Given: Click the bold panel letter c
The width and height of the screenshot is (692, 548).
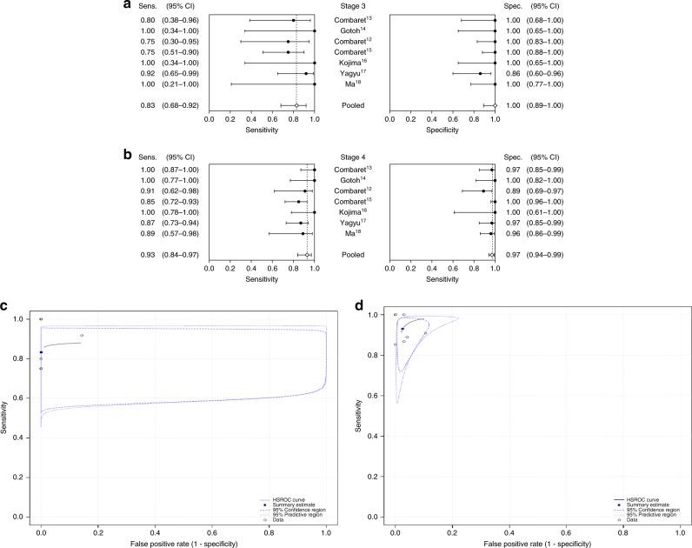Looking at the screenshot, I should click(6, 305).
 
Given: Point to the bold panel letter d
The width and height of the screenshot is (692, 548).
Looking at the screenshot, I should click(362, 305).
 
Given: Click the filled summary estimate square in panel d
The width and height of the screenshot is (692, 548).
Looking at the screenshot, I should click(403, 329).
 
